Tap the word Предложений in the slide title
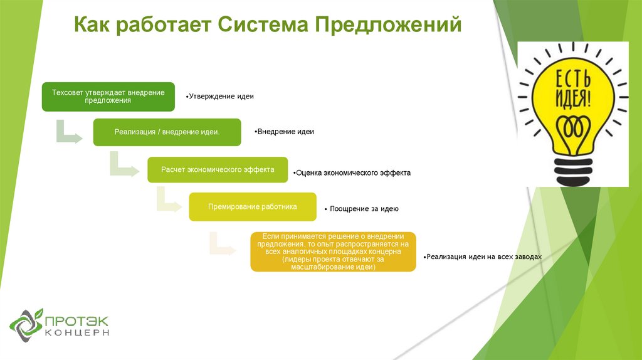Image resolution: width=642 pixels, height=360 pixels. pos(388,24)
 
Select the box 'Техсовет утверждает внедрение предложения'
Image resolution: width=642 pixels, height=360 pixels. pos(108,96)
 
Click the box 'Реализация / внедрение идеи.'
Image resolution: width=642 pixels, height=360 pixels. pos(167,132)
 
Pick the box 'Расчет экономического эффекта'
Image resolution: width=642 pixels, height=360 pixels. pos(217,169)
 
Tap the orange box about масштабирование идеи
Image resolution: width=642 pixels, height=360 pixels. pos(333,251)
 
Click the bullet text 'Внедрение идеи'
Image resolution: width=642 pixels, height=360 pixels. pos(286,132)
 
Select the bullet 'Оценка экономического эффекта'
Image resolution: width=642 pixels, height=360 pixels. pos(353,172)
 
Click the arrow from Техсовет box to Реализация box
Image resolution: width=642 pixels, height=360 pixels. pos(68,132)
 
